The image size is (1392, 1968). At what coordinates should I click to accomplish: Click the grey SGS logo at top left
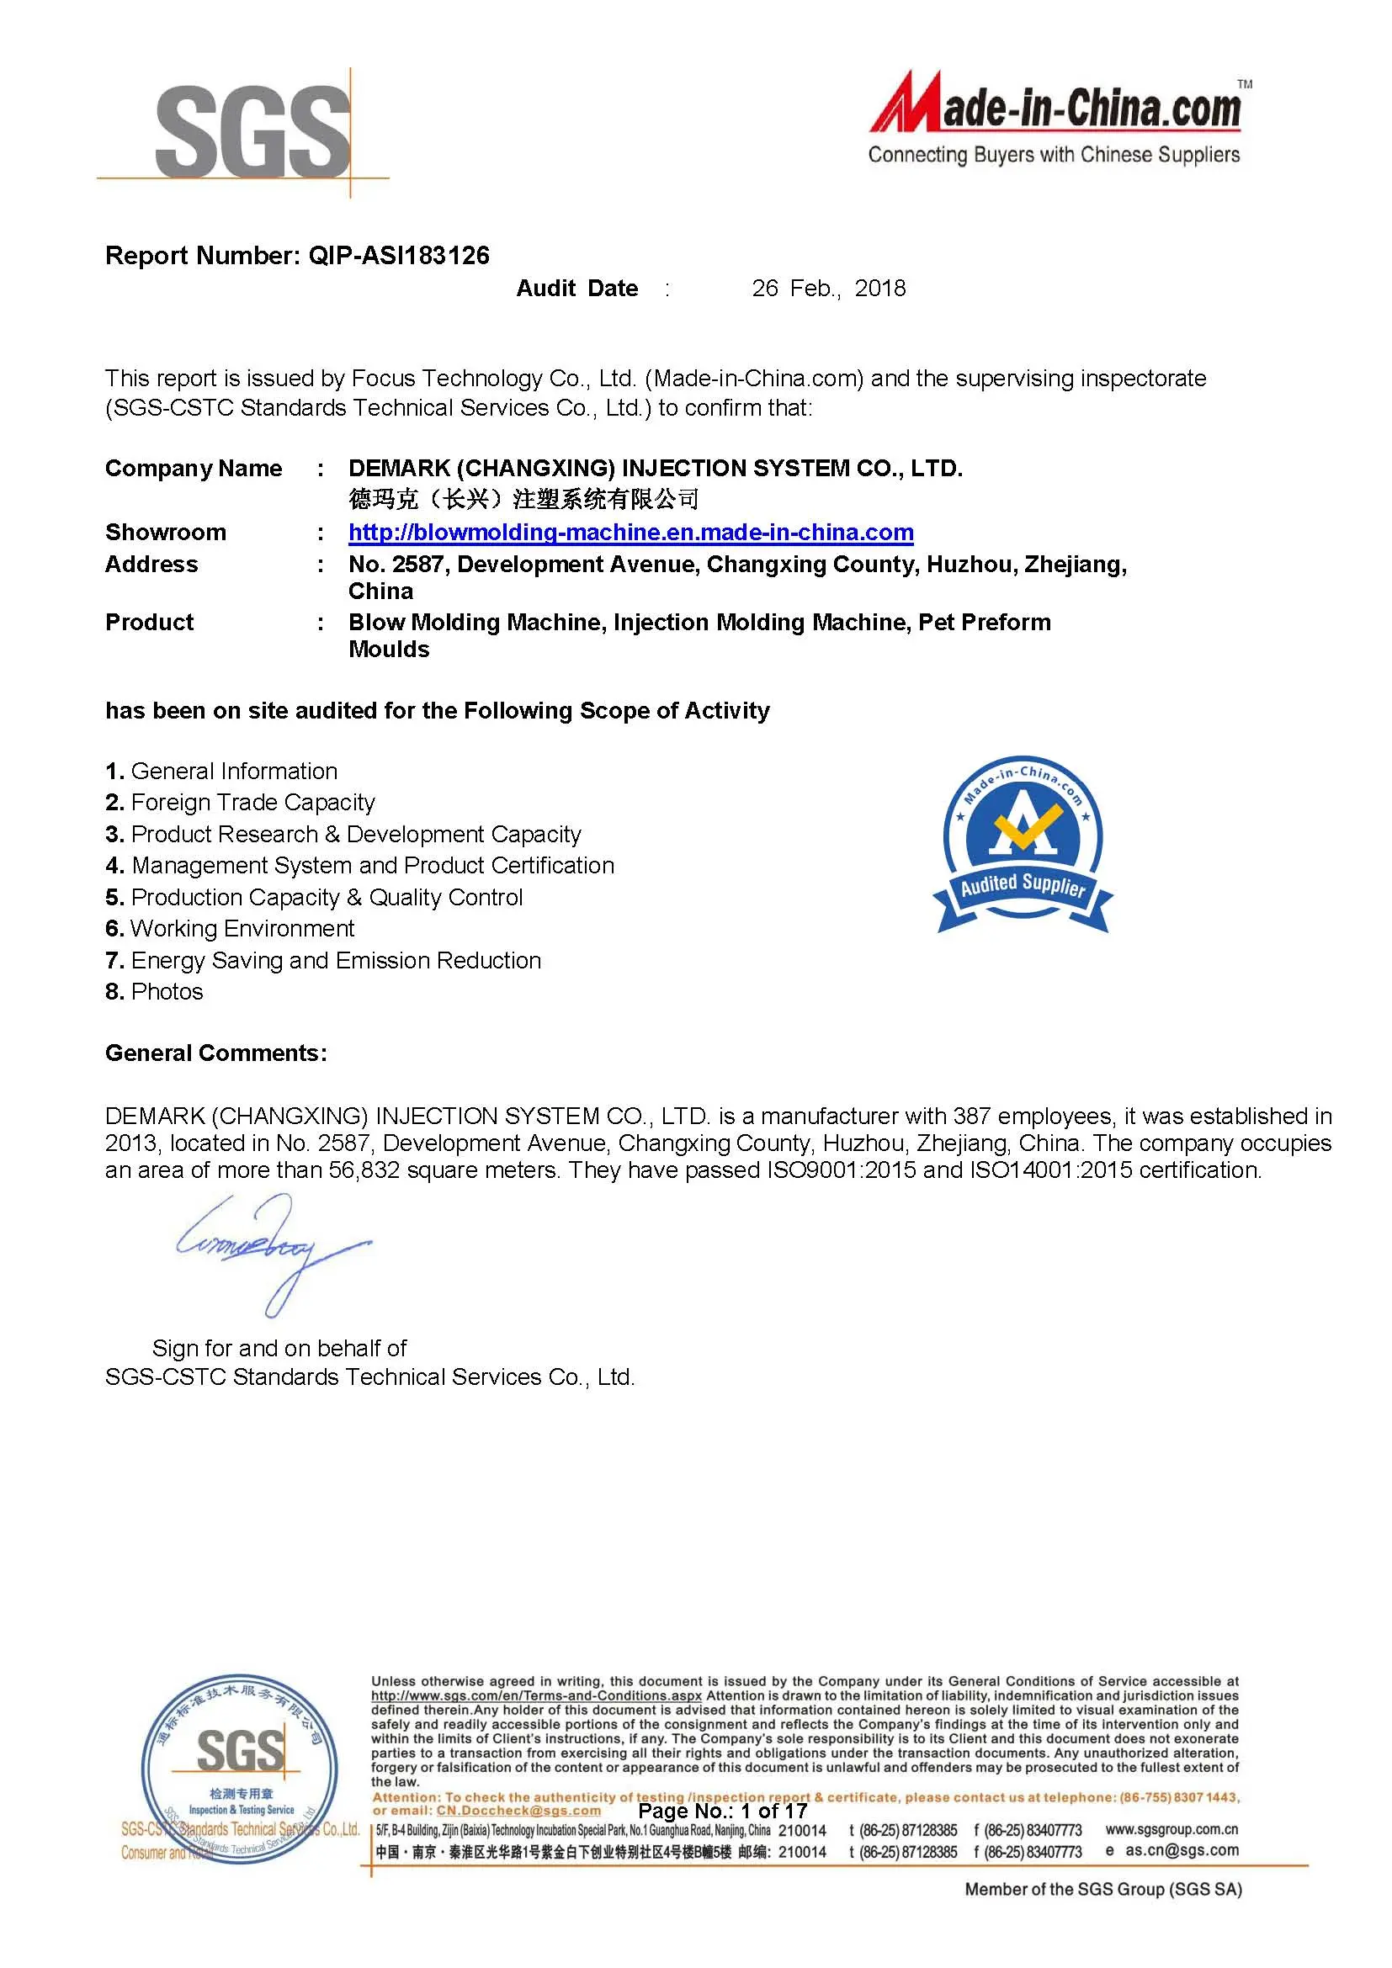tap(252, 131)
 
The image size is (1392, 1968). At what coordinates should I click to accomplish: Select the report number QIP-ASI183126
tap(399, 256)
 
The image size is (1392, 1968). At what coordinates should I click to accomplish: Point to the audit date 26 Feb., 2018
tap(828, 289)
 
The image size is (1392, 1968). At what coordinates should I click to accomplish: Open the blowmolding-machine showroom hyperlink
tap(630, 533)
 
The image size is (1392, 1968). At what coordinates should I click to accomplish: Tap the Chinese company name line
tap(523, 499)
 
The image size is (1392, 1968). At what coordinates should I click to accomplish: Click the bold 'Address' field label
tap(151, 564)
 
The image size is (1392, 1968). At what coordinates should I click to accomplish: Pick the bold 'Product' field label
tap(149, 623)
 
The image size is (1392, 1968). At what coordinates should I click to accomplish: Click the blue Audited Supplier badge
tap(1023, 845)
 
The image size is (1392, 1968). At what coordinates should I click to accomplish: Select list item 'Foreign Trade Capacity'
tap(252, 803)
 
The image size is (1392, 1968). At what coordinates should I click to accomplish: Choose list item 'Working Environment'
tap(242, 928)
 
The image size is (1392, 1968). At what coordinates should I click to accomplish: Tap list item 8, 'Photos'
tap(167, 992)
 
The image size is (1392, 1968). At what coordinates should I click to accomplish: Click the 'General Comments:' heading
tap(216, 1053)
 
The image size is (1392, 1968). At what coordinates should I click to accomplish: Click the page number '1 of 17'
tap(774, 1812)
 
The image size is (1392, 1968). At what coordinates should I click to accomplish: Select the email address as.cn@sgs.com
tap(1182, 1849)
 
